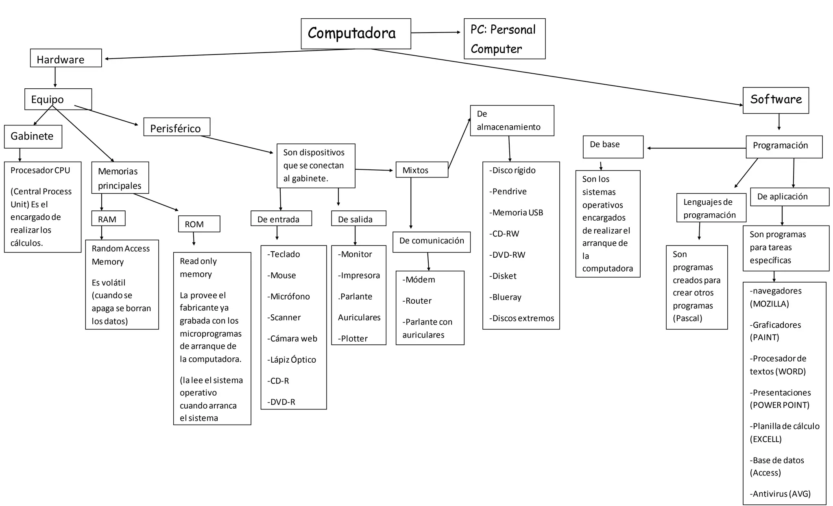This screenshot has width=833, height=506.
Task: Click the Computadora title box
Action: [x=355, y=33]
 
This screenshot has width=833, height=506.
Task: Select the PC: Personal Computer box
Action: [x=504, y=39]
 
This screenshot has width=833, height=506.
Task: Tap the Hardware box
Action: [x=65, y=58]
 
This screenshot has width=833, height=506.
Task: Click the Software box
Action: [x=775, y=100]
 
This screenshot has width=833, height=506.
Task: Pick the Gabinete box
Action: [x=33, y=136]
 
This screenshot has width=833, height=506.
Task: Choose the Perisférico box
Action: [x=177, y=127]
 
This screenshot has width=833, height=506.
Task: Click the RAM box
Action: [x=108, y=219]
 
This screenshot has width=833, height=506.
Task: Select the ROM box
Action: [x=199, y=224]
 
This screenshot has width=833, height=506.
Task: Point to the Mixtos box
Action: [x=421, y=170]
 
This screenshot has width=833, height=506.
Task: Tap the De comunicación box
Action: [x=431, y=242]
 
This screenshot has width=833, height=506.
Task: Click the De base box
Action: [x=613, y=147]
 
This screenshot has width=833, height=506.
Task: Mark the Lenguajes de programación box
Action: [x=711, y=208]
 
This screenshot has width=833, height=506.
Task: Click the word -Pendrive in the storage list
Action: [x=508, y=191]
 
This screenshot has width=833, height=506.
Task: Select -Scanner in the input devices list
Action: [x=284, y=318]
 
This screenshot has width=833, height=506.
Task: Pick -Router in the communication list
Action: [x=417, y=301]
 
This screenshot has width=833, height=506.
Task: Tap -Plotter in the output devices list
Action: [x=353, y=339]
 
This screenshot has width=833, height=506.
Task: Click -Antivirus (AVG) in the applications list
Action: [x=780, y=494]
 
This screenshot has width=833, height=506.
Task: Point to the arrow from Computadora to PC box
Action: [x=435, y=33]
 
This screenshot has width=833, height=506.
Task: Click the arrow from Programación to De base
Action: [x=696, y=148]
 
